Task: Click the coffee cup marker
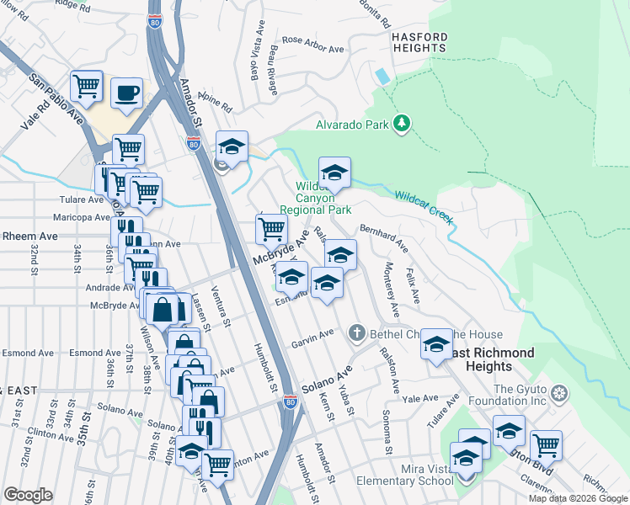126,93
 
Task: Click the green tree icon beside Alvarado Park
403,125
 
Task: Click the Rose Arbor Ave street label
313,44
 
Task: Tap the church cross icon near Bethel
357,333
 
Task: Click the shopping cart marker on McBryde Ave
271,229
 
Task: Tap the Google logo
29,495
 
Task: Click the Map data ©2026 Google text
578,498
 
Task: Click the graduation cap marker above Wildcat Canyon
334,173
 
